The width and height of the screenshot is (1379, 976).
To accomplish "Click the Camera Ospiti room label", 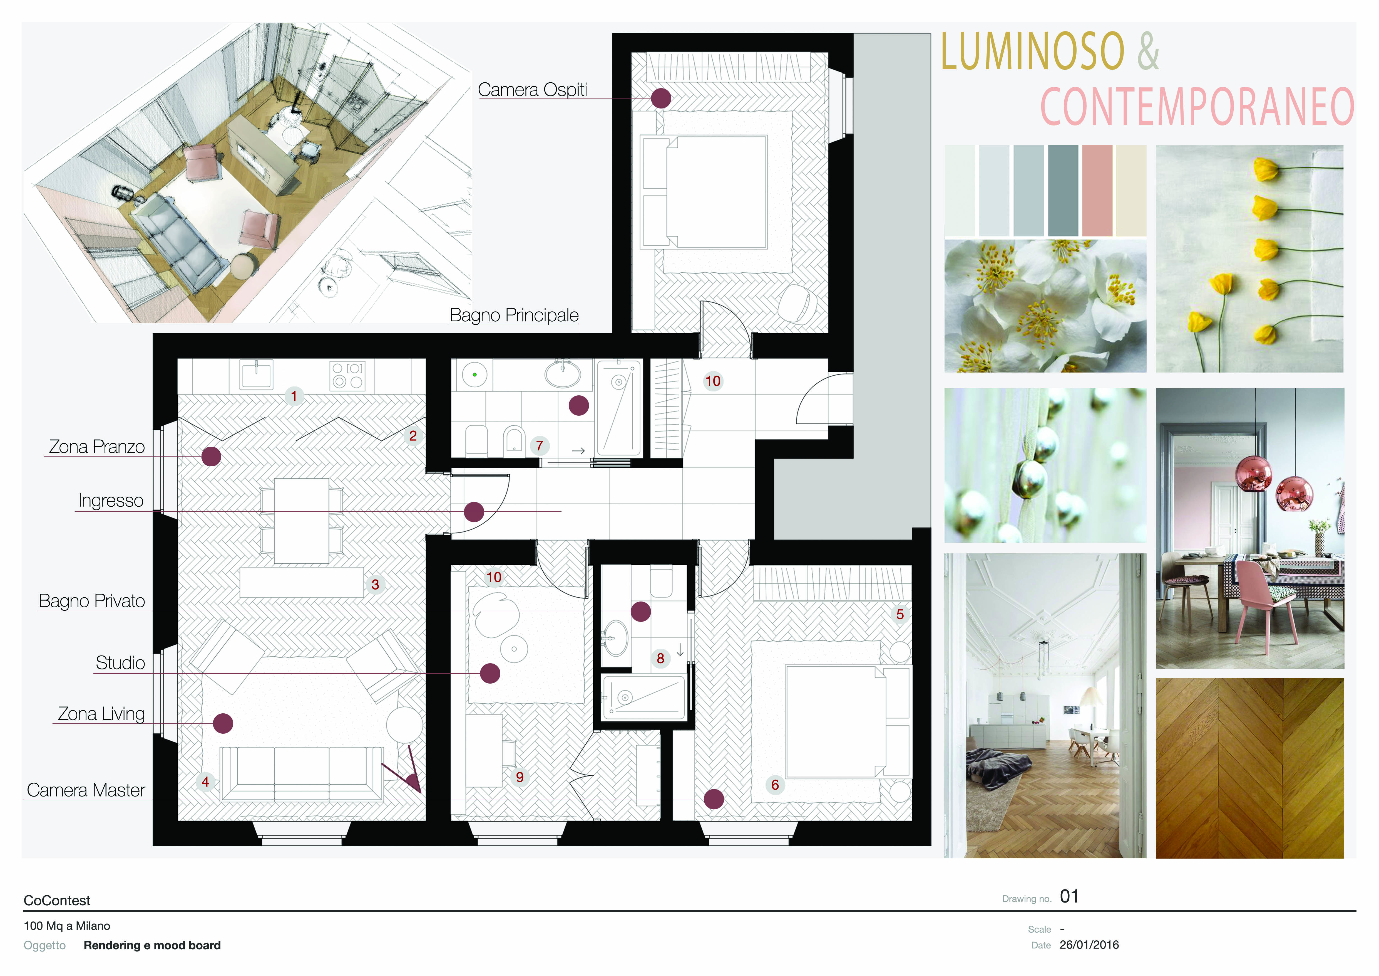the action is tap(532, 90).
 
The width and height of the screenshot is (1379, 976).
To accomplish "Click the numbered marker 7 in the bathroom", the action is tap(539, 445).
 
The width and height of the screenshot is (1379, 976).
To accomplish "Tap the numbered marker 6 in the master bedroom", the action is tap(775, 785).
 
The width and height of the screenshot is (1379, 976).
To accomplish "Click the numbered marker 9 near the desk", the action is tap(520, 777).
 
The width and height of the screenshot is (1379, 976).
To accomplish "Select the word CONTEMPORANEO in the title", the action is tap(1197, 106).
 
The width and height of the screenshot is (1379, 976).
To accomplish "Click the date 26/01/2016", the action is tap(1089, 945).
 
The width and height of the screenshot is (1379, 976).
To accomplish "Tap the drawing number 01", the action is tap(1069, 897).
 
